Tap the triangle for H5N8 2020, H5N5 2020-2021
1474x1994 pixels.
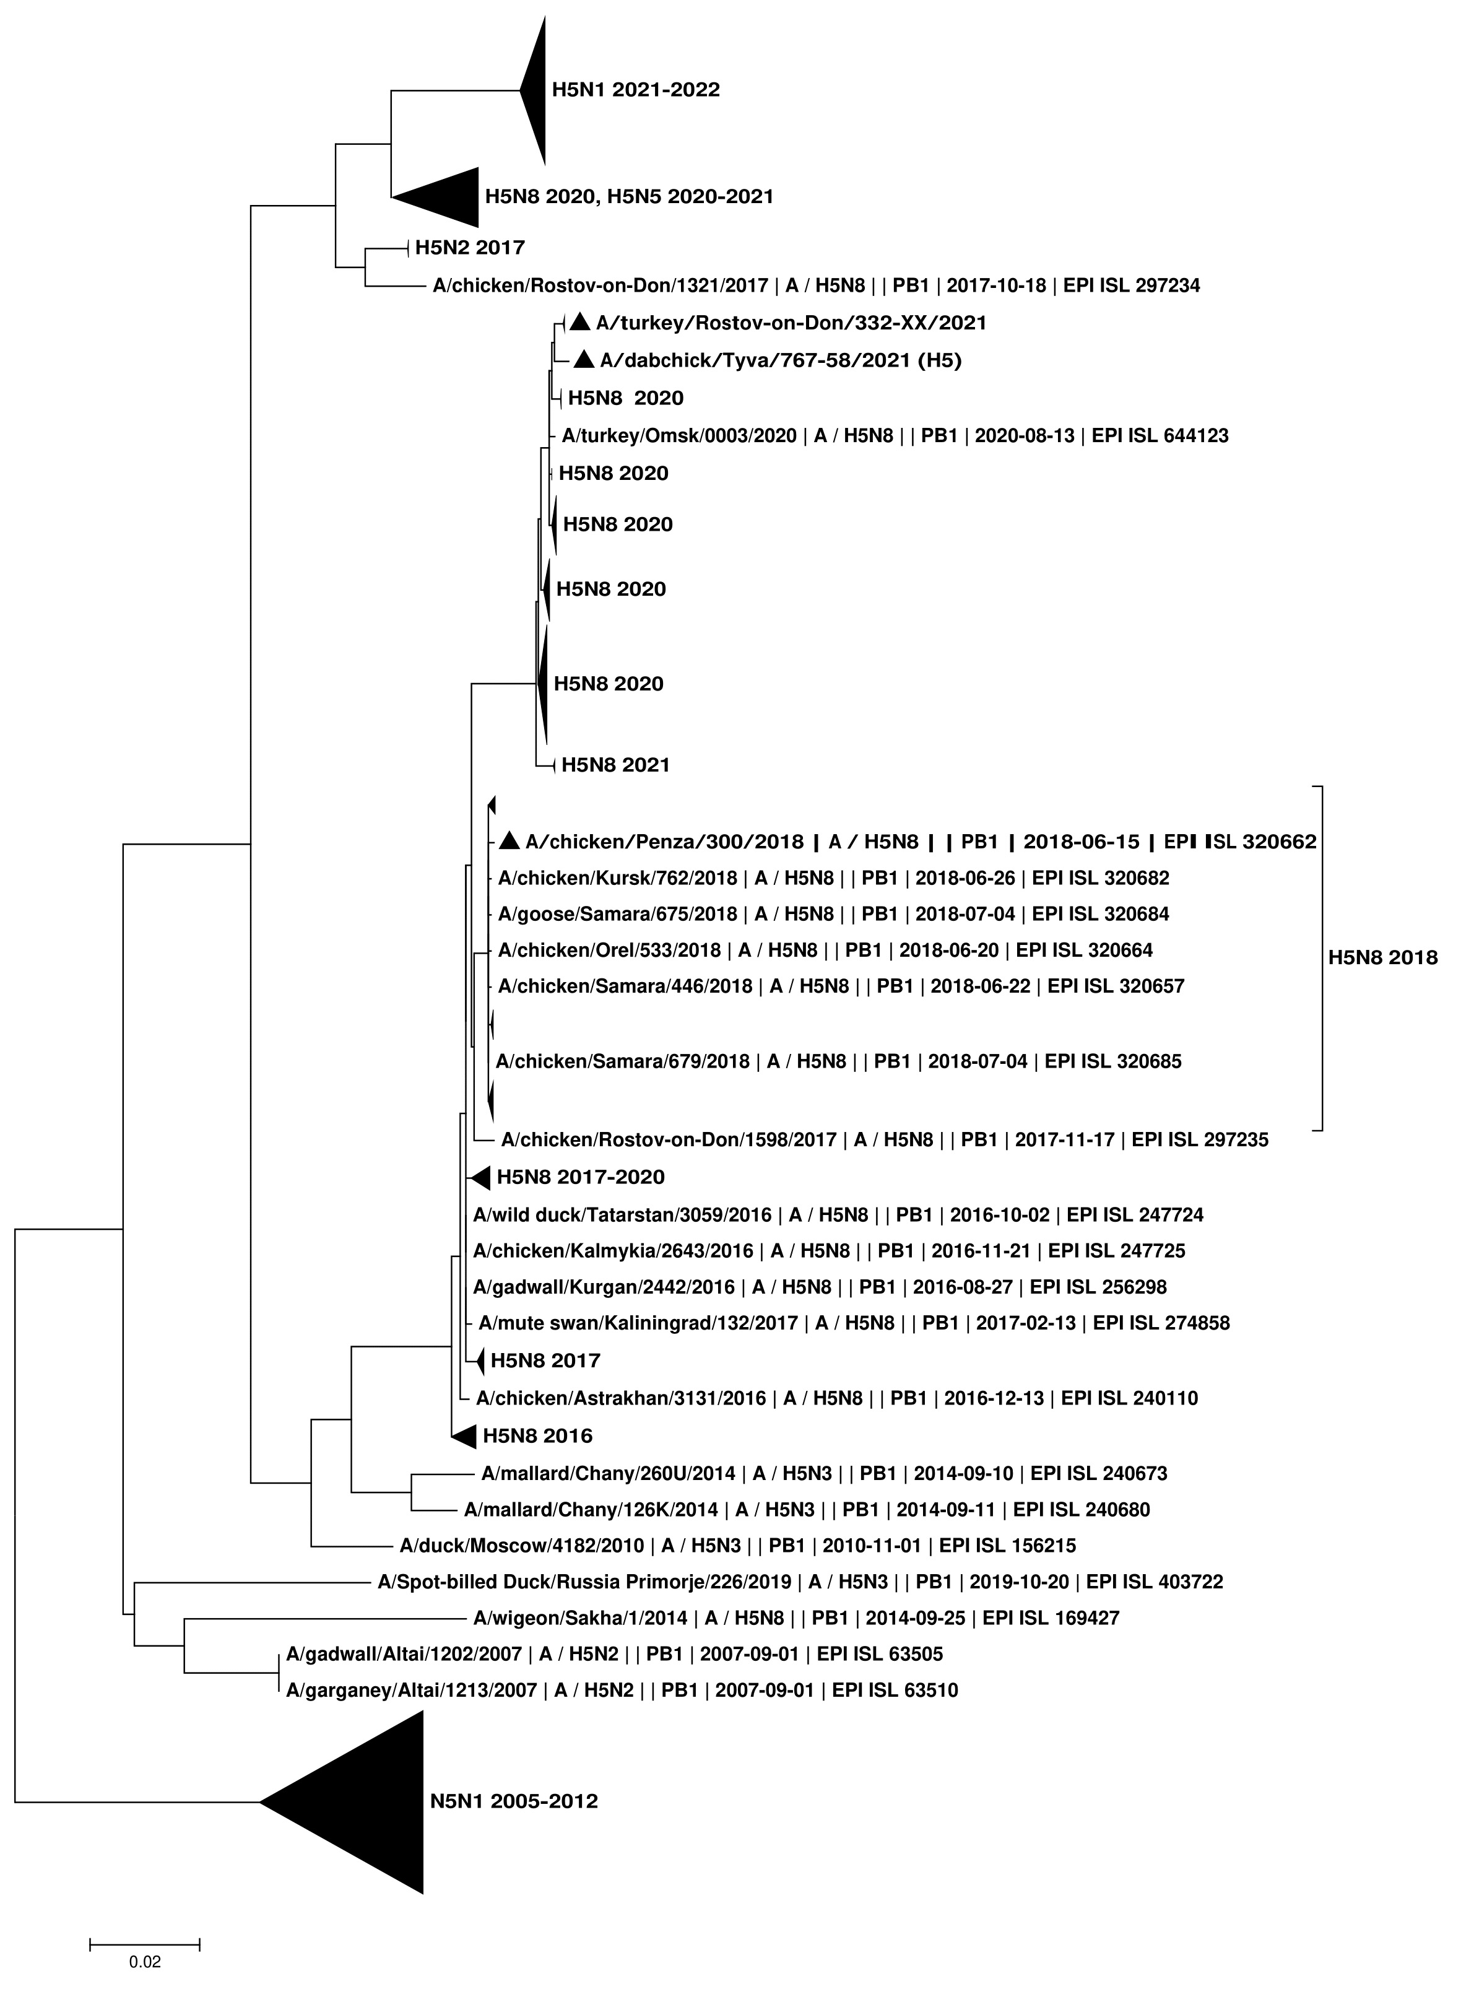tap(447, 196)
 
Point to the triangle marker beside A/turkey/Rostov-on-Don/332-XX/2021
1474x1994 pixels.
tap(580, 322)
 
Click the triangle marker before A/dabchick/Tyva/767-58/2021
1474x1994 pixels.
tap(584, 360)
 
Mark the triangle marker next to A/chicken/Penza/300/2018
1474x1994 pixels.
tap(509, 841)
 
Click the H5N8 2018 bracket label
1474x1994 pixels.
tap(1382, 958)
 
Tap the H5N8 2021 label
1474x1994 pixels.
tap(615, 765)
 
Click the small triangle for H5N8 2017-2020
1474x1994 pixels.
tap(482, 1177)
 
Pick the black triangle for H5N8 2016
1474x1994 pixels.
tap(465, 1436)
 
